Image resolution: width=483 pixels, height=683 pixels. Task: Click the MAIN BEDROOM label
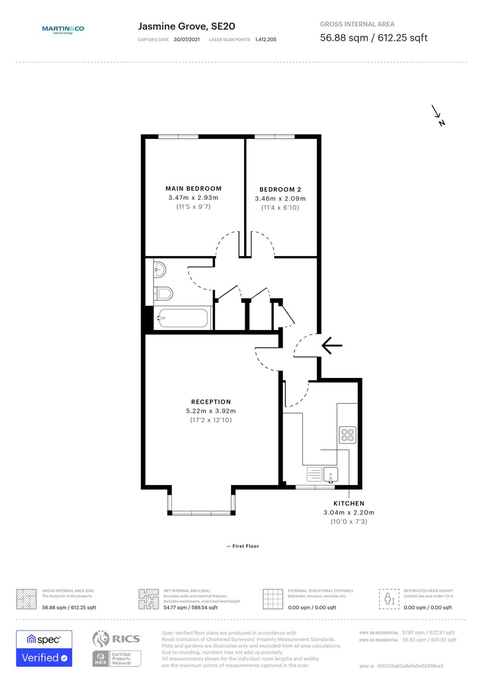pos(193,188)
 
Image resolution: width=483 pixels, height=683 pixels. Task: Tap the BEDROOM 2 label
pos(280,190)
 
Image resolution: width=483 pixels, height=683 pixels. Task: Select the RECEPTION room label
pos(210,402)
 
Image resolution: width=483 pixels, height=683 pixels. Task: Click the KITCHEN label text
pos(349,504)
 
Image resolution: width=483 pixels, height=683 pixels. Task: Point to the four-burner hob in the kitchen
pos(347,435)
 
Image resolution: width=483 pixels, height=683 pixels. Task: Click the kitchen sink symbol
pos(331,474)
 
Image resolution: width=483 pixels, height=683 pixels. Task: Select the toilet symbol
pos(163,294)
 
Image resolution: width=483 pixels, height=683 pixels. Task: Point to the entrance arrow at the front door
pos(332,345)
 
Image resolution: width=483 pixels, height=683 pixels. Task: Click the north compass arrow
pos(437,114)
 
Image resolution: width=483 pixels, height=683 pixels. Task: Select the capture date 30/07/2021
pos(186,40)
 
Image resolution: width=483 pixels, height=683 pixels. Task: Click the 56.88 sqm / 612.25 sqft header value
pos(374,38)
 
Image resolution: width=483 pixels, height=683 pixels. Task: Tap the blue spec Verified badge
pos(44,648)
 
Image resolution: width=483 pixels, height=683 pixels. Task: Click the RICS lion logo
pos(101,640)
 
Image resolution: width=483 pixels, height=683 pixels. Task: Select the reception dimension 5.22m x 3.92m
pos(210,411)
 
